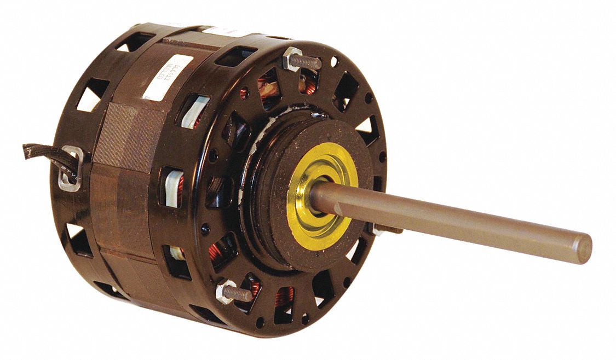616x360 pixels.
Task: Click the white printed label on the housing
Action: pos(167,77)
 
